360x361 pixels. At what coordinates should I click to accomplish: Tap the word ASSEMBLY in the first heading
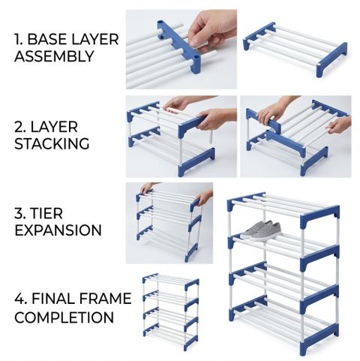click(x=54, y=56)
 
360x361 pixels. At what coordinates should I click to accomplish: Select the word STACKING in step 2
click(x=52, y=143)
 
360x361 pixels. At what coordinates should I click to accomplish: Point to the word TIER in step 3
click(x=46, y=213)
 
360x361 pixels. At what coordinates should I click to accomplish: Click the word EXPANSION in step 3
click(x=58, y=230)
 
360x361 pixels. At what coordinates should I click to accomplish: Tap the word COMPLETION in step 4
click(x=64, y=317)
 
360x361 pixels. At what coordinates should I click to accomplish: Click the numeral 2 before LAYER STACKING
click(x=19, y=127)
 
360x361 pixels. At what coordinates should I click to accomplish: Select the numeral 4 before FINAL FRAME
click(x=19, y=299)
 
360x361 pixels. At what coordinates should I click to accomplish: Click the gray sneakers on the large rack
click(x=261, y=230)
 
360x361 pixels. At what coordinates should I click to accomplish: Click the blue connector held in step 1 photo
click(x=178, y=47)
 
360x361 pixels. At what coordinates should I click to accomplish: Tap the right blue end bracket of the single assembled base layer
click(x=331, y=60)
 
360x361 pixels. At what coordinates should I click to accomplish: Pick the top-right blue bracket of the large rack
click(x=319, y=218)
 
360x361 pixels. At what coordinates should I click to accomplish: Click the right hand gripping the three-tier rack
click(x=204, y=197)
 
